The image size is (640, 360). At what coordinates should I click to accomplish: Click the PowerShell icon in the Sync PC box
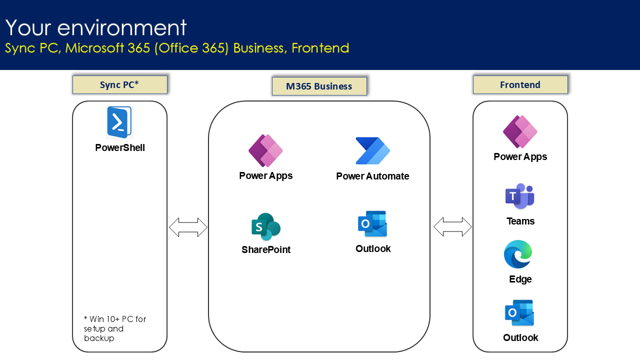tap(119, 122)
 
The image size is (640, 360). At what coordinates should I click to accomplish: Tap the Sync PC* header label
tap(119, 84)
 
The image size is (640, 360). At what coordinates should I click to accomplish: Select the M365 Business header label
tap(319, 86)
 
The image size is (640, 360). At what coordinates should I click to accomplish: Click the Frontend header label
tap(520, 84)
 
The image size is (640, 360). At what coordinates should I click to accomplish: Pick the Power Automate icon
tap(372, 150)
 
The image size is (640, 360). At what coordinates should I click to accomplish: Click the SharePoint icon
tap(266, 226)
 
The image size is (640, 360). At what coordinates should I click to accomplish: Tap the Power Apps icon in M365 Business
tap(265, 150)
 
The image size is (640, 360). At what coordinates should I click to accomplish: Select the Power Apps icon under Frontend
tap(520, 132)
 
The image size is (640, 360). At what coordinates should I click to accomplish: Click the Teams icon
tap(520, 196)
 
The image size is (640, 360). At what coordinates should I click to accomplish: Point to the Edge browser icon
tap(518, 254)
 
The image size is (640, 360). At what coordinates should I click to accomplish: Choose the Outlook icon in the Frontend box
tap(519, 313)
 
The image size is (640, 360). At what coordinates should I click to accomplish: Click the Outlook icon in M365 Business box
tap(372, 223)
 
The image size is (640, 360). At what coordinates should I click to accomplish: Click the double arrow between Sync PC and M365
tap(188, 227)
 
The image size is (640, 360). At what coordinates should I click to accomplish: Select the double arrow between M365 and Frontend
tap(452, 226)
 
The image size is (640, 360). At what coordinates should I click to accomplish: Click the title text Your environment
tap(96, 27)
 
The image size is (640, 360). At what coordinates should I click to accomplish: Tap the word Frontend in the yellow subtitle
tap(320, 48)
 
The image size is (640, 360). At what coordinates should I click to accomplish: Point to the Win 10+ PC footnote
tap(115, 328)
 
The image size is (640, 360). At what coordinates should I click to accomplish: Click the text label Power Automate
tap(372, 176)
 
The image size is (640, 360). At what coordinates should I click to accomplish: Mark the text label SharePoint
tap(266, 249)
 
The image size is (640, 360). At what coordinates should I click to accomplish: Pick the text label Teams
tap(520, 221)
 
